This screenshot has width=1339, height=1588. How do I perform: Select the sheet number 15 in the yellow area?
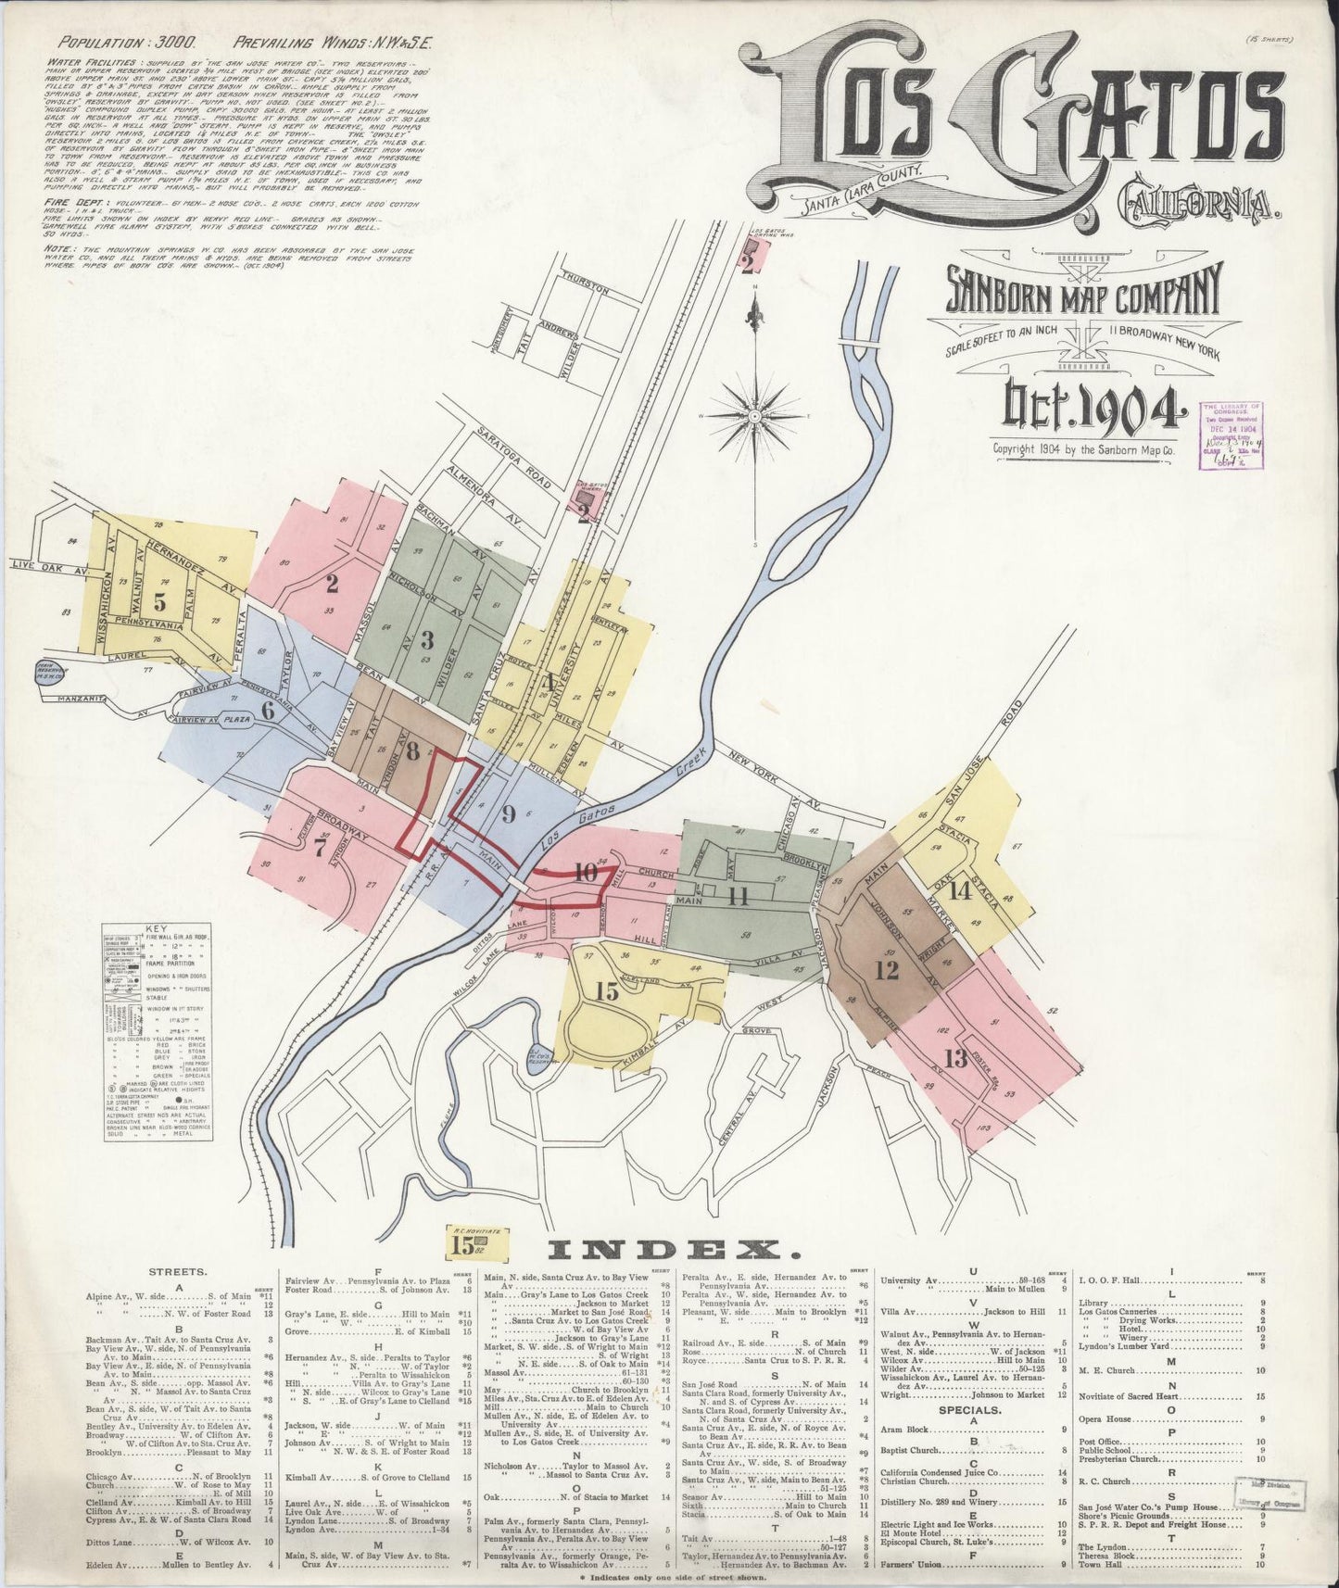607,992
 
